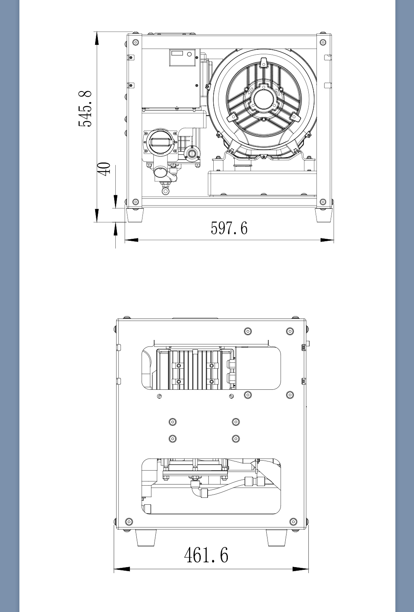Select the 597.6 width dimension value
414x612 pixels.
click(229, 228)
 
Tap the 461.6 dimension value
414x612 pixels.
click(206, 555)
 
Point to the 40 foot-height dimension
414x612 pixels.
click(104, 169)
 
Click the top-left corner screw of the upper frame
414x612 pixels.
click(136, 42)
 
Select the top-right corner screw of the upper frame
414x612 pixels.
click(323, 42)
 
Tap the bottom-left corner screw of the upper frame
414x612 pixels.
click(136, 202)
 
